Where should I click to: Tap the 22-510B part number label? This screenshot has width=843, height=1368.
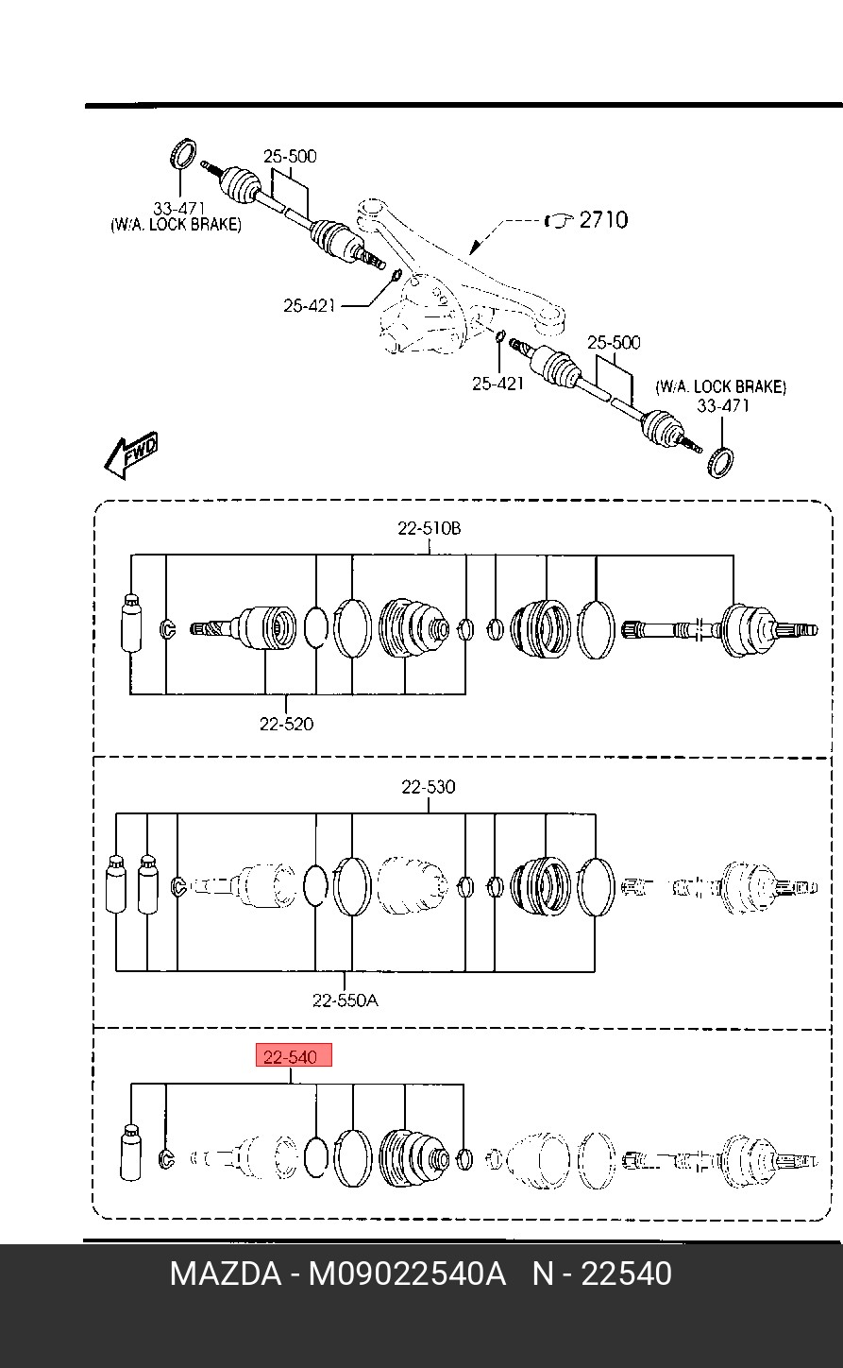coord(430,528)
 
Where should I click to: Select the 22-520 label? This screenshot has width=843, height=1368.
coord(286,724)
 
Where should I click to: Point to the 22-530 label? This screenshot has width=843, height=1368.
coord(428,787)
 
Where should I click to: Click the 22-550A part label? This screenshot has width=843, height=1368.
coord(345,1000)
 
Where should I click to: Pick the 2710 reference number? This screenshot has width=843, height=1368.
coord(603,220)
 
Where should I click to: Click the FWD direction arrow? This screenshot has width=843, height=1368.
coord(130,455)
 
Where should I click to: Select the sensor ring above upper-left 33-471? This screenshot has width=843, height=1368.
coord(182,153)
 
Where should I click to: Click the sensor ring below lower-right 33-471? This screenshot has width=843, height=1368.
coord(720,462)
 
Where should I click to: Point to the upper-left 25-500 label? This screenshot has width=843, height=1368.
coord(290,156)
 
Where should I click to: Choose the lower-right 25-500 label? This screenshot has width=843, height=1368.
coord(614,343)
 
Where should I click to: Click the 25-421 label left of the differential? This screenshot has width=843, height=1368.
coord(309,305)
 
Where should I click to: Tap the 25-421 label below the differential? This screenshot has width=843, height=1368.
coord(498,384)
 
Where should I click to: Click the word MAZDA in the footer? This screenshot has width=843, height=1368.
coord(226,1274)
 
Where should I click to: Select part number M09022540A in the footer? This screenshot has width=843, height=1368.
coord(407,1274)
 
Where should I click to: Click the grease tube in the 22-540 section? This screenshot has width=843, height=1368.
coord(130,1152)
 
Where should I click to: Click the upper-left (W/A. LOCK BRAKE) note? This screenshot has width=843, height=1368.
coord(176,225)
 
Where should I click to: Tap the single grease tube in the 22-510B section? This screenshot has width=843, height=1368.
coord(130,623)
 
